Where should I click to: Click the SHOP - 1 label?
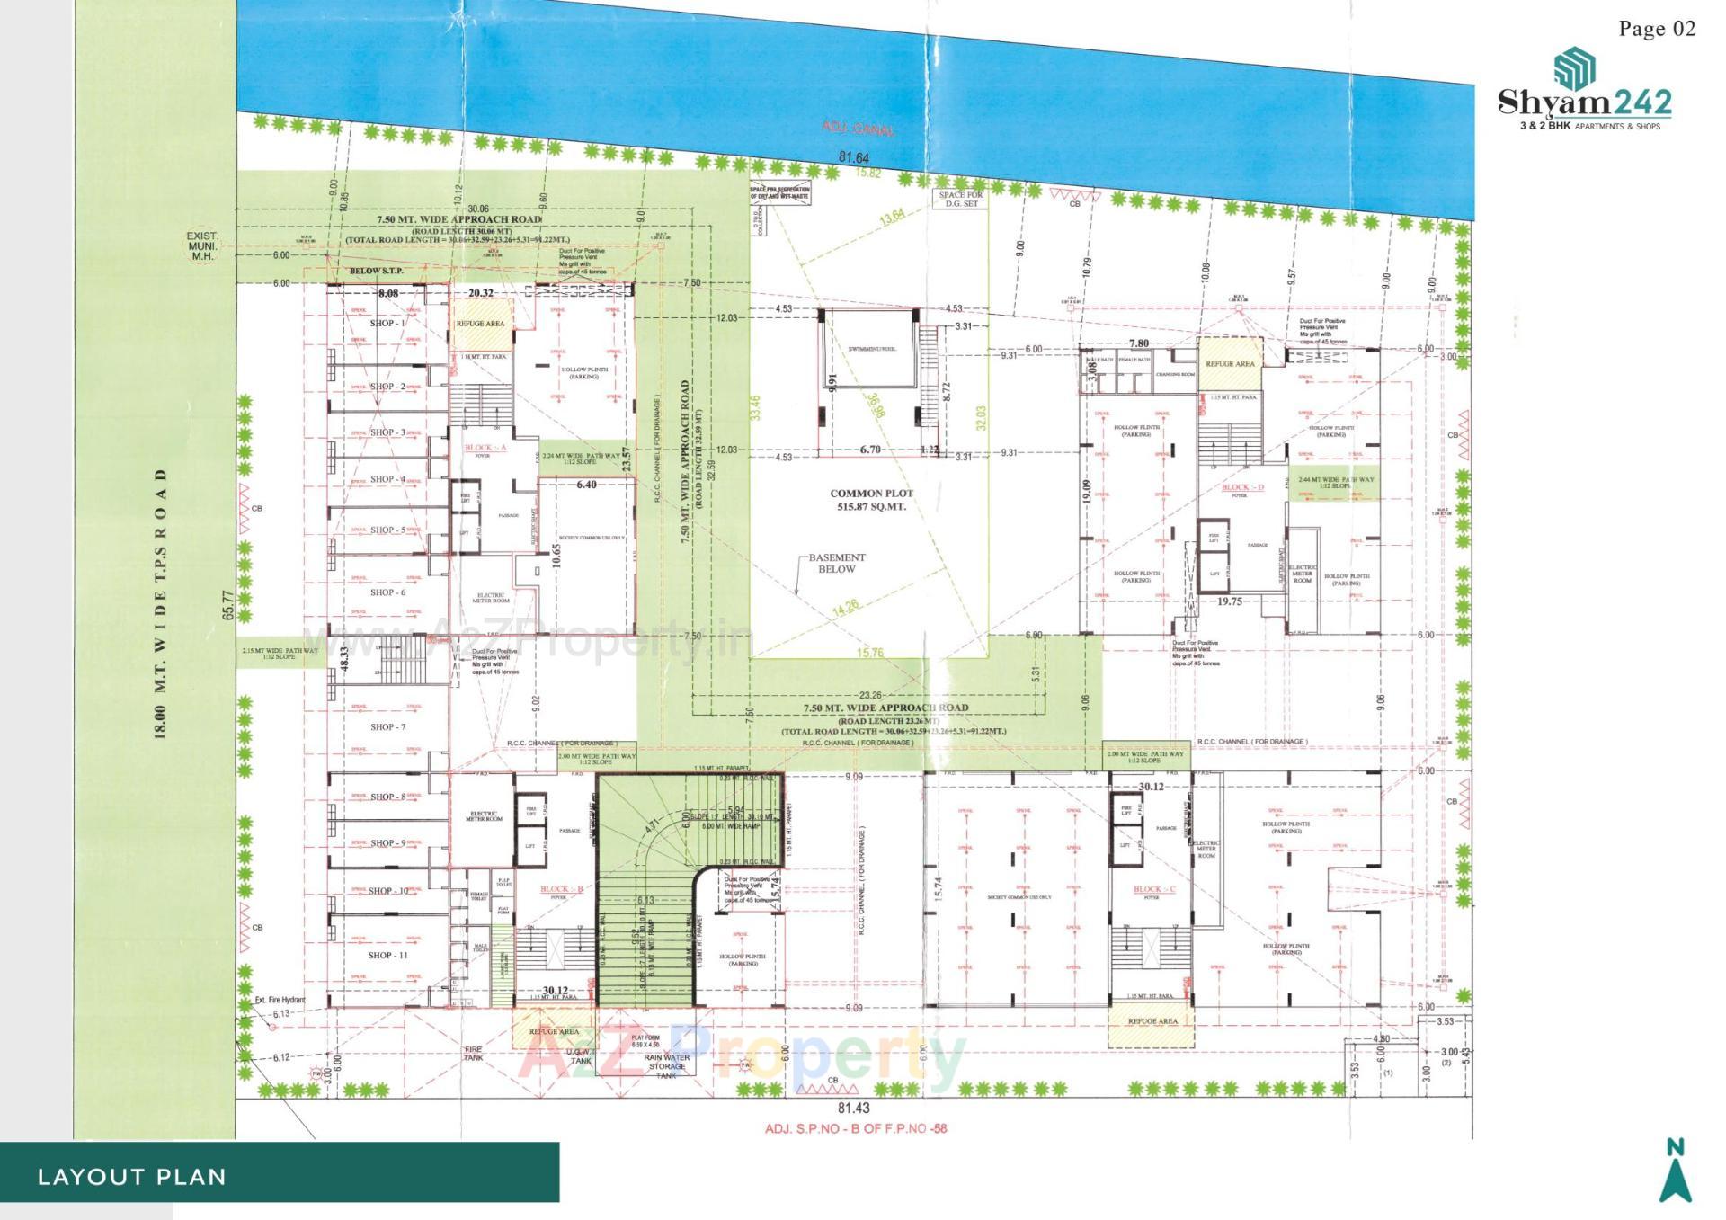[387, 323]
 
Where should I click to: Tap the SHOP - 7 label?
[387, 726]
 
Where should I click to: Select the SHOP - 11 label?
[387, 955]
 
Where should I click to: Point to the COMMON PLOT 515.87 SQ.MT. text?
[871, 500]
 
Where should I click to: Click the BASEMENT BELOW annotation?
[836, 563]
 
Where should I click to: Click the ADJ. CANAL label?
[859, 129]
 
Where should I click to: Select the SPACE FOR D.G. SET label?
[961, 199]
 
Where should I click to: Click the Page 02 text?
[1657, 29]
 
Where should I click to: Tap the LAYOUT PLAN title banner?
[132, 1177]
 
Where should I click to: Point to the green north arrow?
[1675, 1171]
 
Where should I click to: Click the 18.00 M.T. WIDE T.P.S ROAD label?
[161, 603]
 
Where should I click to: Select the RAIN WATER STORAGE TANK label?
[666, 1066]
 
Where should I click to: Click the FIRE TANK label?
[473, 1054]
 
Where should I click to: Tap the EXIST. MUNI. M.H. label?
[202, 245]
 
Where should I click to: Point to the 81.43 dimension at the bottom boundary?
[853, 1109]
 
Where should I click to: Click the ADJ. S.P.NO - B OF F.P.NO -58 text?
[856, 1128]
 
